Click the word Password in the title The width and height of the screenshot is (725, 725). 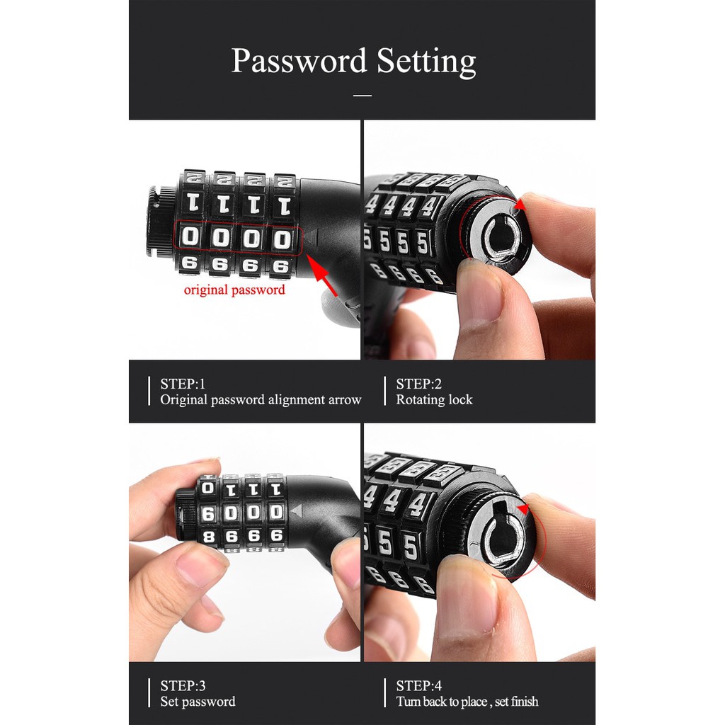click(299, 61)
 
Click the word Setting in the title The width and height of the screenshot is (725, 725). click(426, 62)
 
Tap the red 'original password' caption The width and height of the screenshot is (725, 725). click(234, 290)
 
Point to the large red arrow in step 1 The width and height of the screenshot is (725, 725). click(322, 275)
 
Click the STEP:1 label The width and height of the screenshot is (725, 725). click(183, 384)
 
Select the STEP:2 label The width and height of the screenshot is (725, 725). click(419, 384)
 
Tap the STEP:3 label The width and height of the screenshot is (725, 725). click(183, 685)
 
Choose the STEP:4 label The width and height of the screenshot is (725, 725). click(419, 685)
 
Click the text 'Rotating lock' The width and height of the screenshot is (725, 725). click(434, 399)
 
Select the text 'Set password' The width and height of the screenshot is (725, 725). click(198, 702)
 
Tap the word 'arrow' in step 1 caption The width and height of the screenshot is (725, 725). click(345, 401)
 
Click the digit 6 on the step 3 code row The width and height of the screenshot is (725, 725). click(208, 513)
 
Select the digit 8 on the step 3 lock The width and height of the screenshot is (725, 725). click(209, 537)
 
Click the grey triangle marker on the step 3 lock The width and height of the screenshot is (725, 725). click(297, 511)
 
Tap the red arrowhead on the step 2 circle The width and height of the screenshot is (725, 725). click(520, 204)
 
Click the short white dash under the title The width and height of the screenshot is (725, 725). click(362, 96)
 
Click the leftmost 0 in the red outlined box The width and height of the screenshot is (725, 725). click(190, 236)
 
